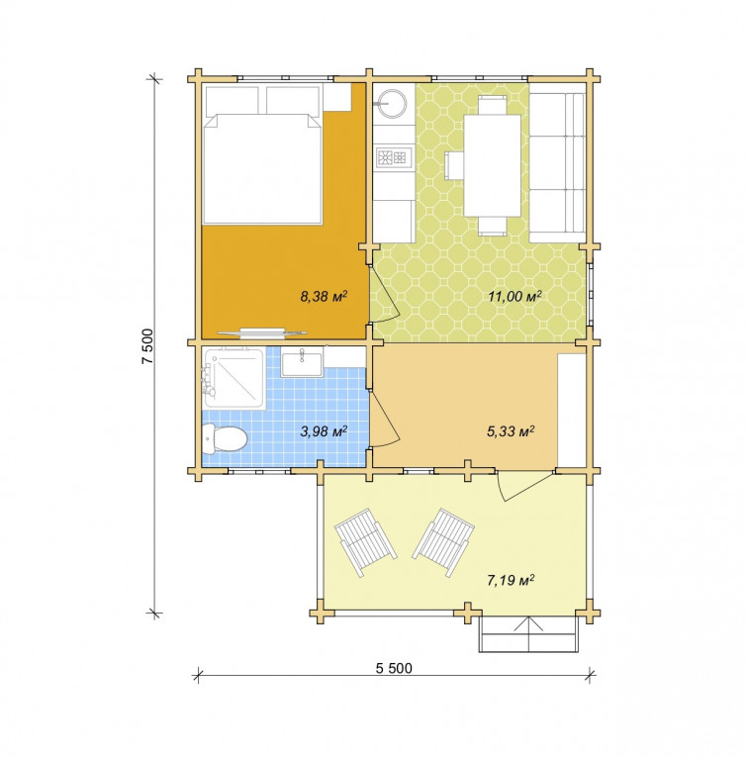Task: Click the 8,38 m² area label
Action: click(324, 296)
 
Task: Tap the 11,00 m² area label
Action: click(514, 296)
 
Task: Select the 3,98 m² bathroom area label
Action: click(324, 430)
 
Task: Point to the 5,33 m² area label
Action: click(511, 430)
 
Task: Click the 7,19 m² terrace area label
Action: click(511, 579)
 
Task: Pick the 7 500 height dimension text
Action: click(147, 346)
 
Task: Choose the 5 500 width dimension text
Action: click(394, 668)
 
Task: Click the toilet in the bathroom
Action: click(225, 438)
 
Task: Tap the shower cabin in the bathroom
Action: click(234, 378)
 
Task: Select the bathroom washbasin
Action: click(302, 364)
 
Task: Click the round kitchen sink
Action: click(393, 102)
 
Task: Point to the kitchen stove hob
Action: click(393, 157)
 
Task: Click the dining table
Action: click(492, 165)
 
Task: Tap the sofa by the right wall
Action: click(557, 167)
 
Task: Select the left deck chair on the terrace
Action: click(365, 541)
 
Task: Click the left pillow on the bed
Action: click(233, 100)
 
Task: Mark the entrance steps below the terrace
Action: click(528, 634)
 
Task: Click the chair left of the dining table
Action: click(454, 165)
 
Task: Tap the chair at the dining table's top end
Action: click(492, 105)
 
